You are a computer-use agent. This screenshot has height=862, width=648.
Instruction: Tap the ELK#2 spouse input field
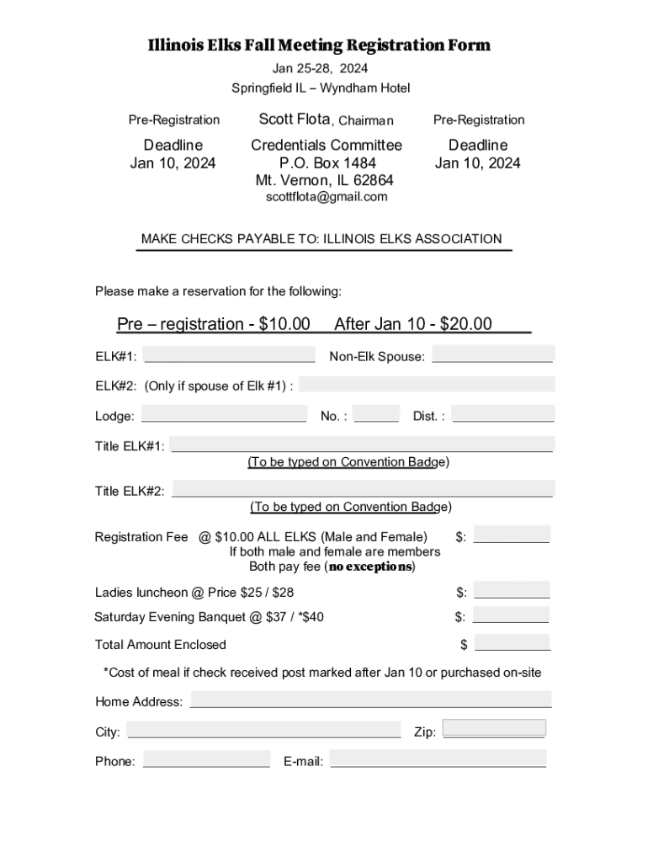click(427, 384)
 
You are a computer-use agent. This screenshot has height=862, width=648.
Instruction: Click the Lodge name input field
click(224, 414)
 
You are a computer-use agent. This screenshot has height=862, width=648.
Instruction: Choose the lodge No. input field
click(376, 414)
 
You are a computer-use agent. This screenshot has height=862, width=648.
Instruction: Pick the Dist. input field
click(503, 414)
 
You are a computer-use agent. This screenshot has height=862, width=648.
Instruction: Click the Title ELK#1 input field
click(363, 444)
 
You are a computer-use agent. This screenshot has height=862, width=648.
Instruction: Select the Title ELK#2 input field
click(363, 488)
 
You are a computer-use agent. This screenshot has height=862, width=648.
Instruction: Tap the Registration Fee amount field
click(512, 535)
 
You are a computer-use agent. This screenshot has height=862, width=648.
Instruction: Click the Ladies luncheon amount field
click(512, 590)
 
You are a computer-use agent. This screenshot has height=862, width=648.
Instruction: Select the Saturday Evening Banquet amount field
click(512, 615)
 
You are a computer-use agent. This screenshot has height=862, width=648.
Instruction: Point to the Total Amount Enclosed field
click(513, 643)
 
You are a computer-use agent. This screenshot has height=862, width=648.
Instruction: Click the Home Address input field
click(371, 700)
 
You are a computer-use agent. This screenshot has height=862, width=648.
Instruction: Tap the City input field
click(263, 730)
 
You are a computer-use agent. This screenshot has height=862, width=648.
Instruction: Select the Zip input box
click(494, 728)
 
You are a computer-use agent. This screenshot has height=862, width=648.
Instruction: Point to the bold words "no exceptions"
click(370, 567)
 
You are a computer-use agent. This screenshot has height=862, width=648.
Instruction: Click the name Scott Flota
click(295, 120)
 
